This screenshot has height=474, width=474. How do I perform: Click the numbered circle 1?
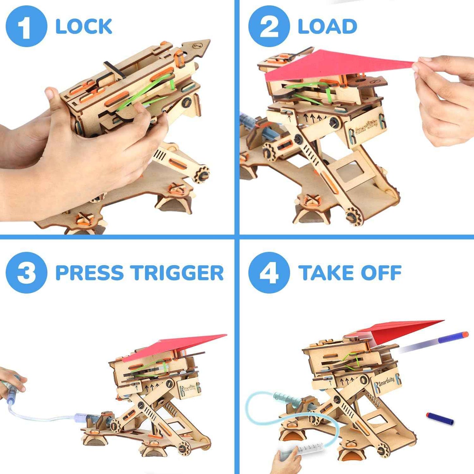pyautogui.click(x=26, y=26)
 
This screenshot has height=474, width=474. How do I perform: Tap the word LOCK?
pyautogui.click(x=84, y=27)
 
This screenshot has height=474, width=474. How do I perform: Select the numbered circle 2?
pyautogui.click(x=269, y=26)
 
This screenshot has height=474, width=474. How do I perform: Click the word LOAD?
pyautogui.click(x=327, y=27)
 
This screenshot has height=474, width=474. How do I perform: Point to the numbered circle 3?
pyautogui.click(x=26, y=273)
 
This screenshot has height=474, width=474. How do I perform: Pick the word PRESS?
pyautogui.click(x=89, y=273)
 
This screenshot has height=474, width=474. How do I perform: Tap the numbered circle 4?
pyautogui.click(x=269, y=273)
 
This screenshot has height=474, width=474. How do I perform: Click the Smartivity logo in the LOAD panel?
pyautogui.click(x=367, y=126)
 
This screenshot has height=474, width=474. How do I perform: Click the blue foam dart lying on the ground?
pyautogui.click(x=440, y=418)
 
